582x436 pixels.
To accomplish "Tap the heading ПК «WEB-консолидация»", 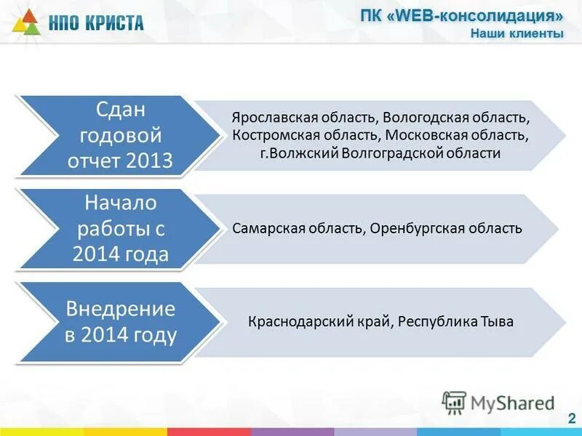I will tap(462, 17).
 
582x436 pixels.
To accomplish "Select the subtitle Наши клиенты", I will tap(517, 33).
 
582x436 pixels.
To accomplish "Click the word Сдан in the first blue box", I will tap(121, 110).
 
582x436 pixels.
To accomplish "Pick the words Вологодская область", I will tap(456, 117).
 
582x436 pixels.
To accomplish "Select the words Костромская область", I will tap(306, 135).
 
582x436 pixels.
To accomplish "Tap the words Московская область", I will tap(457, 135).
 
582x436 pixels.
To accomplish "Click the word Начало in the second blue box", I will tap(121, 203).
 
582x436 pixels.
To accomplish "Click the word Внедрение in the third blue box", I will tap(121, 308).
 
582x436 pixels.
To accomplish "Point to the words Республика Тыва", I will tap(456, 321).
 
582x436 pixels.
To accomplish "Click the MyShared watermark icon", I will tap(454, 402).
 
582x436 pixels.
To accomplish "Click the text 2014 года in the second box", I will tap(121, 254).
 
